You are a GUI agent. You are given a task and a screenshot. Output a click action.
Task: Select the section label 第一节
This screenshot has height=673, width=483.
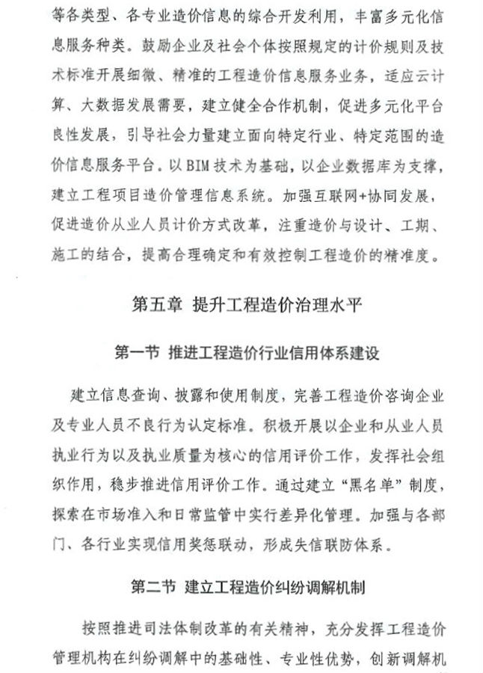point(137,351)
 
